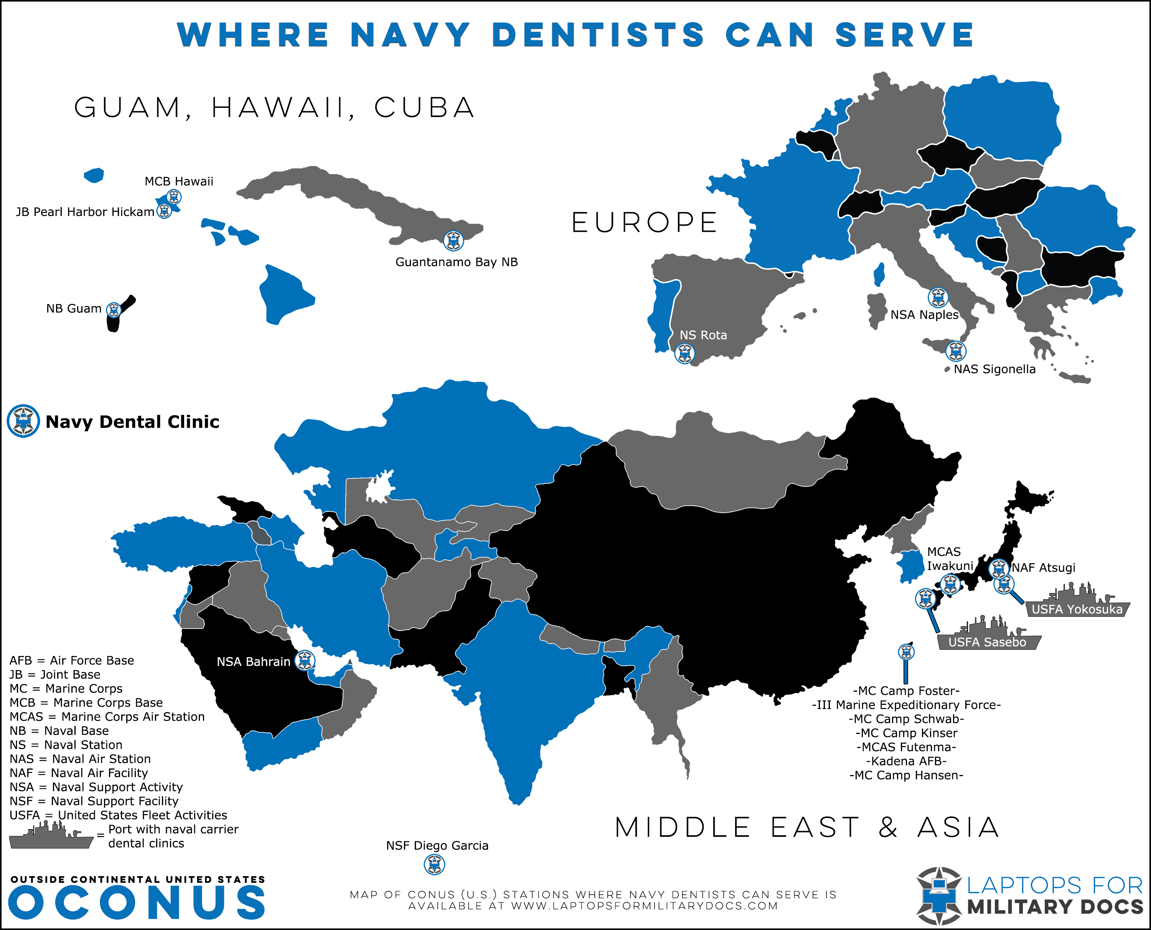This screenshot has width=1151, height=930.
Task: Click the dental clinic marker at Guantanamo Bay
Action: click(453, 241)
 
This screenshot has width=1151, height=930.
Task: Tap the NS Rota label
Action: click(703, 335)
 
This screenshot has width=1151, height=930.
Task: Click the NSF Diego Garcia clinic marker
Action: click(434, 864)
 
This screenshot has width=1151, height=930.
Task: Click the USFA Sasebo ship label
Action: click(987, 642)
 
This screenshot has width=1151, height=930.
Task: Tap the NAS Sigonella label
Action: click(994, 369)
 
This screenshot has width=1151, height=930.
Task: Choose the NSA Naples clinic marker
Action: click(938, 297)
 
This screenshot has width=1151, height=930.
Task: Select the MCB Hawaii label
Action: click(179, 181)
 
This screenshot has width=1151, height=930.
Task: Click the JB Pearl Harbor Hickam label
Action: click(85, 212)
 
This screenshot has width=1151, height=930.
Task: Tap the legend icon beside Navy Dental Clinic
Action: click(23, 421)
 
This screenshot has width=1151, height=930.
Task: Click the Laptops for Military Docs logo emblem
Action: click(938, 896)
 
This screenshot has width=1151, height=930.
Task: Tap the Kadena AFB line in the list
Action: click(906, 761)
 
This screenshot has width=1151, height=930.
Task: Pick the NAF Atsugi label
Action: click(1043, 567)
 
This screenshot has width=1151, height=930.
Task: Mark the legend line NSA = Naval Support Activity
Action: click(96, 787)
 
